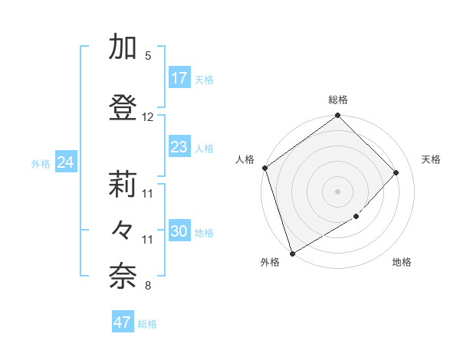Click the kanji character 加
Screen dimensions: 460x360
click(x=123, y=47)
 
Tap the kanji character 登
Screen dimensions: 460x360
click(x=123, y=107)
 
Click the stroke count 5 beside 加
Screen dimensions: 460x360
click(x=148, y=56)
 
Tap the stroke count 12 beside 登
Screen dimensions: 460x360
click(x=148, y=117)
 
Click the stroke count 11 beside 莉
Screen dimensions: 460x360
click(x=148, y=194)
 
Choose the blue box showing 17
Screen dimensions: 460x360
click(x=179, y=78)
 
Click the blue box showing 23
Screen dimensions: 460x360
click(x=179, y=147)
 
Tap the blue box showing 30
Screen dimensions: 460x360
click(x=179, y=231)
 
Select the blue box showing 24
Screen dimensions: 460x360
click(x=65, y=162)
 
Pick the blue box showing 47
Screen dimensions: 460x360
click(x=123, y=322)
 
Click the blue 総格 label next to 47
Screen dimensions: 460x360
click(x=147, y=324)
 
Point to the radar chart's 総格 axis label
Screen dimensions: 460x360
click(x=338, y=100)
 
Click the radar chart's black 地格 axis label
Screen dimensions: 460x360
click(x=402, y=263)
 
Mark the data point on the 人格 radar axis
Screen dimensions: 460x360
click(x=264, y=168)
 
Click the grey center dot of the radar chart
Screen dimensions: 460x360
click(x=337, y=191)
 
